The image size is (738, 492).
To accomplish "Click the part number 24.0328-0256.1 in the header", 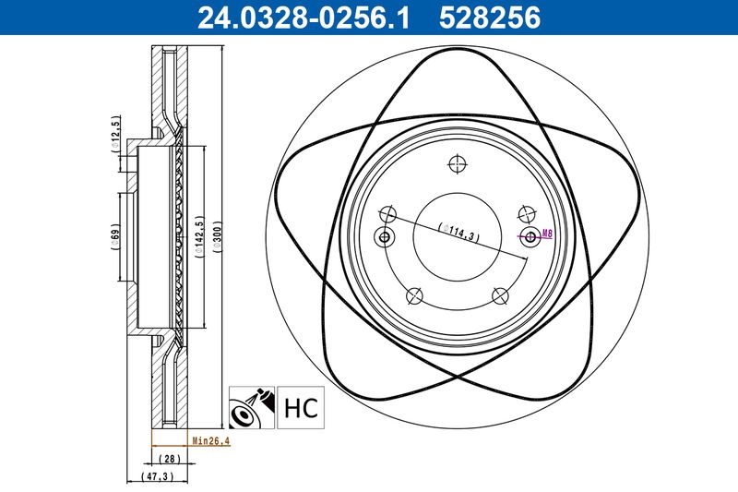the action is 304,18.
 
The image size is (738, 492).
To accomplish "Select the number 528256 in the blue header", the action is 490,18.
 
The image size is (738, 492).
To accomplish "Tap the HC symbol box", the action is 301,408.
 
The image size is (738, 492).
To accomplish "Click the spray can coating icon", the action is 252,408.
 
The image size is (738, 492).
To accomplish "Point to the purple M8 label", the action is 547,233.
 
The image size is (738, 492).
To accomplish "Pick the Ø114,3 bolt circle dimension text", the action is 458,232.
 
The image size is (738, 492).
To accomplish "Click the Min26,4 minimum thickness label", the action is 211,441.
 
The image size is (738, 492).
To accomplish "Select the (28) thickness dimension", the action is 170,458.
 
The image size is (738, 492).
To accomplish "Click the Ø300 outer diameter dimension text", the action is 217,237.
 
